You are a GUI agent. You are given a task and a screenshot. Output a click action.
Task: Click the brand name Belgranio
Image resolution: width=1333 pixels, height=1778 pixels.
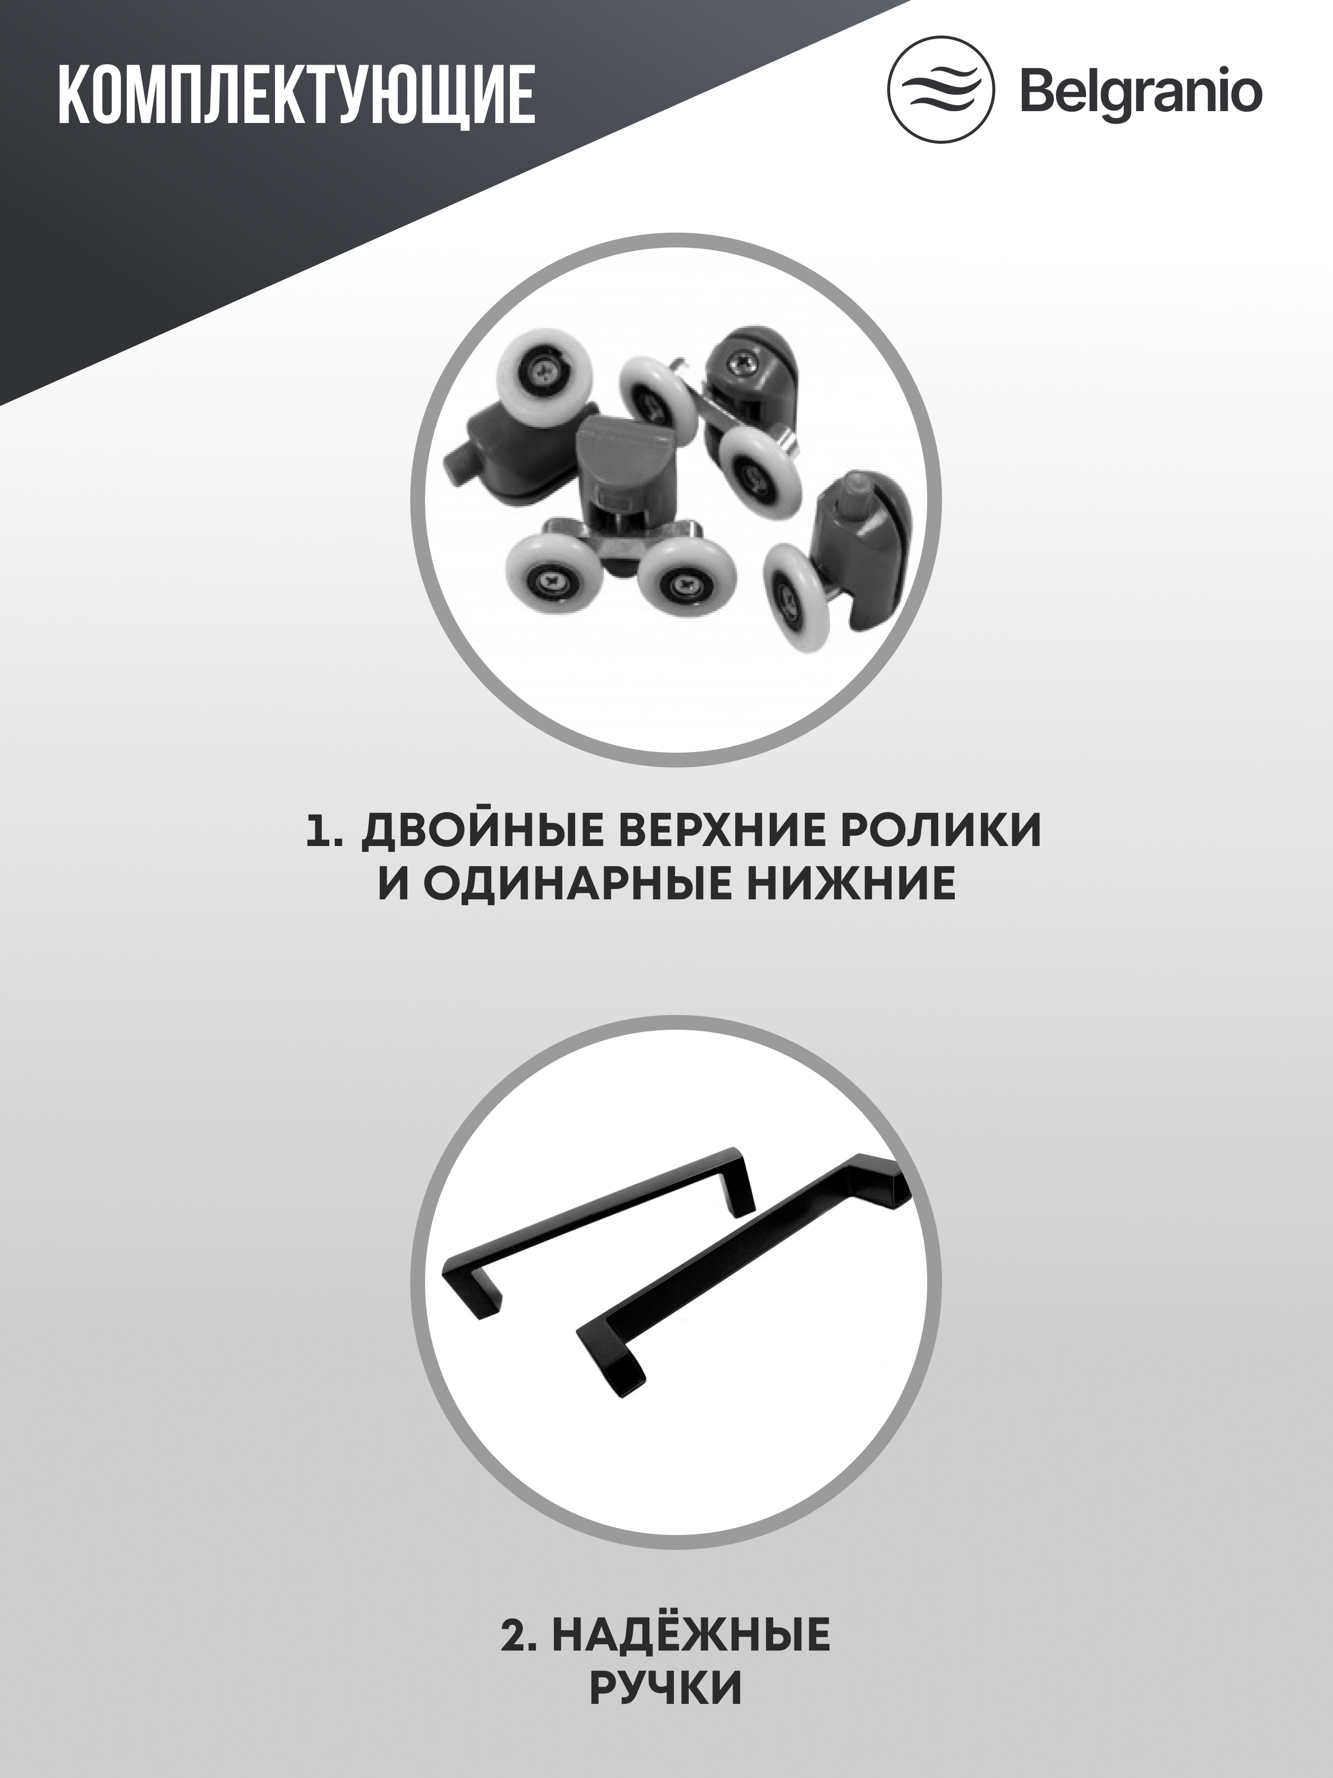coord(1140,94)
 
